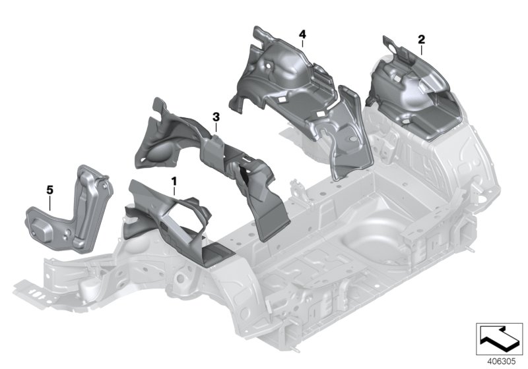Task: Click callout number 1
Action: click(174, 179)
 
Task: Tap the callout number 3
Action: click(215, 117)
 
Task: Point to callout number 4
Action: click(302, 34)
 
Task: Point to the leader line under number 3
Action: click(216, 128)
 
